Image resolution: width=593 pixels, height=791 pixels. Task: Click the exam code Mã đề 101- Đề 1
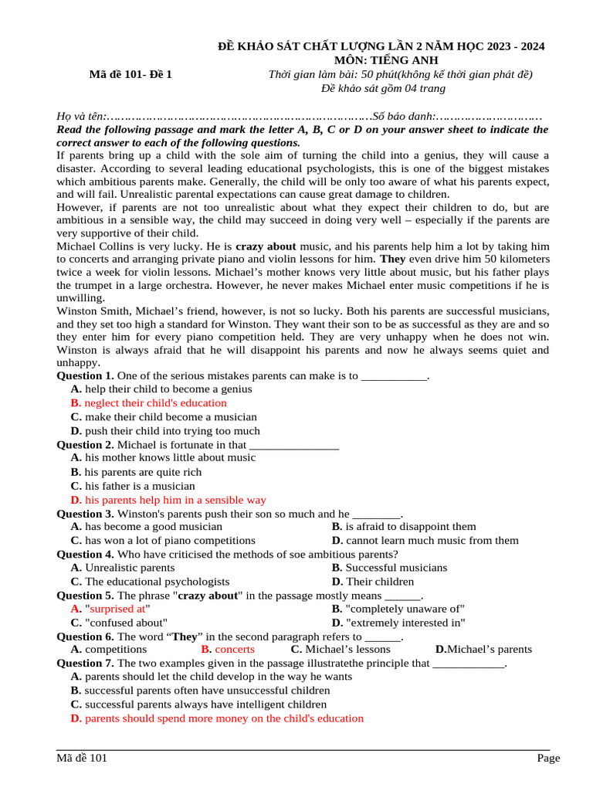pos(130,74)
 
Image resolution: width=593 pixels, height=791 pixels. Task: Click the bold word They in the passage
pos(394,260)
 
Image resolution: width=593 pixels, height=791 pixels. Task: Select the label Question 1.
pos(85,376)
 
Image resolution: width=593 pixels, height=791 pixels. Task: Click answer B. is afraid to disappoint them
pos(404,527)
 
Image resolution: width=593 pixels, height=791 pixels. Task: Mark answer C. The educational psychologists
pos(150,582)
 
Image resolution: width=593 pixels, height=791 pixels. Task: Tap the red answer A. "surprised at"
pos(109,609)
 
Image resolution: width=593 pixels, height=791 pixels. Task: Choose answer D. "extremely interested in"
pos(398,623)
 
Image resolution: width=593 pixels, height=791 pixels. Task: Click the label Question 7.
pos(85,664)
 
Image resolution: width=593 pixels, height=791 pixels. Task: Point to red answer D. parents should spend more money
pos(216,718)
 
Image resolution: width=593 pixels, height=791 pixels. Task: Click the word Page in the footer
pos(548,759)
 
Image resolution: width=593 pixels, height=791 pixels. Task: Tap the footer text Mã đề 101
pos(82,759)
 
